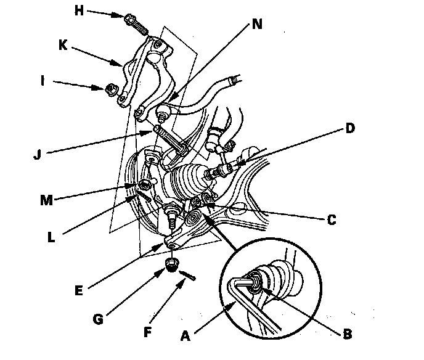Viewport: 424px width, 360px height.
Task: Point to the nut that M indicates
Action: (x=145, y=184)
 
